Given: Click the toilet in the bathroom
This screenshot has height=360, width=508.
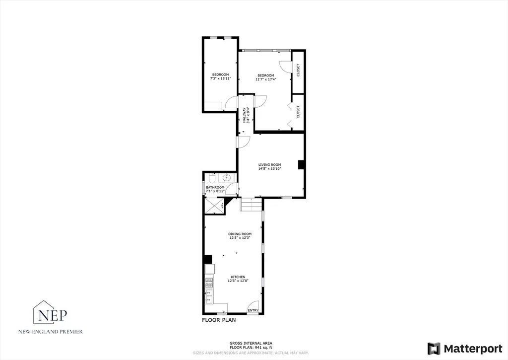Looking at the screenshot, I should [x=211, y=178].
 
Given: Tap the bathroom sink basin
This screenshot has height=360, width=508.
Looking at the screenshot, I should [x=227, y=177].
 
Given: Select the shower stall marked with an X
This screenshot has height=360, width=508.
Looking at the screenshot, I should [x=214, y=205].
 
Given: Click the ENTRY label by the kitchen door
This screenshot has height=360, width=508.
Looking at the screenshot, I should [x=253, y=310].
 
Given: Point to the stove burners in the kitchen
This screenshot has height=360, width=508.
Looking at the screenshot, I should [x=209, y=283].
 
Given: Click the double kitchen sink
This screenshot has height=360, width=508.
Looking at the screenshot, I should [x=209, y=296].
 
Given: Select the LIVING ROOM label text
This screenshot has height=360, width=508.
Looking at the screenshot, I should [x=269, y=164].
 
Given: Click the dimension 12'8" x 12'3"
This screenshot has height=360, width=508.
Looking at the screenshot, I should [x=240, y=238].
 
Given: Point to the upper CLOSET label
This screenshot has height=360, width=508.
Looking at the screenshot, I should [x=298, y=71].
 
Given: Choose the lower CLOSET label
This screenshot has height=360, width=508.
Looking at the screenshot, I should [x=298, y=112].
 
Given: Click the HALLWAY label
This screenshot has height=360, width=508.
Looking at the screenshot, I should [x=244, y=116].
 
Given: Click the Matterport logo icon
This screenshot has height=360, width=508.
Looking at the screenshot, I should [x=434, y=348].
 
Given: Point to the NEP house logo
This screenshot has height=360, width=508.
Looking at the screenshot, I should [x=50, y=312].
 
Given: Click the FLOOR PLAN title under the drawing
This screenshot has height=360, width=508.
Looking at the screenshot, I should [x=219, y=320].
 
